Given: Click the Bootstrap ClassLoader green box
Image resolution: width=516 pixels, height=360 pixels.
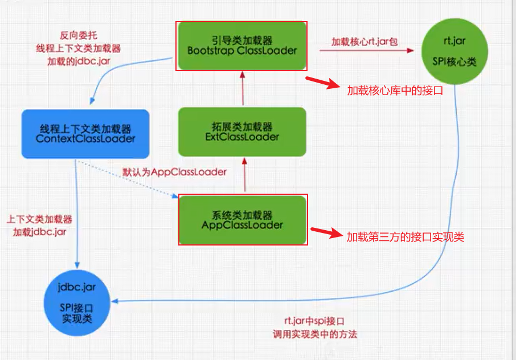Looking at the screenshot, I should pyautogui.click(x=242, y=46).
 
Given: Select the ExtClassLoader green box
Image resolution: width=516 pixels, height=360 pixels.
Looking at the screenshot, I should pyautogui.click(x=242, y=132).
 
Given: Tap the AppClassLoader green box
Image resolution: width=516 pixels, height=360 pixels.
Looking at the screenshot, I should pyautogui.click(x=243, y=220).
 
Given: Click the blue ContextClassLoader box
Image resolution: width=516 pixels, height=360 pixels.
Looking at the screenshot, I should pyautogui.click(x=85, y=134).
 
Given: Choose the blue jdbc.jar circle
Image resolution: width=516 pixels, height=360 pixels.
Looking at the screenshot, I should pyautogui.click(x=76, y=302).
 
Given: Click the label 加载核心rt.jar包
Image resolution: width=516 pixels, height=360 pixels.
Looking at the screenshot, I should pyautogui.click(x=365, y=42).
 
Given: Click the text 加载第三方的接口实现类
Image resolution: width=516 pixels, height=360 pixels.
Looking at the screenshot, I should pyautogui.click(x=405, y=236).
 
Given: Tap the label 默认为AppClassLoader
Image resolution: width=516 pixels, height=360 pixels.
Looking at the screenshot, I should pyautogui.click(x=174, y=171).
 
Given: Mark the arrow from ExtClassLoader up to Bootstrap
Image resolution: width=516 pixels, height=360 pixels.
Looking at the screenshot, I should pyautogui.click(x=243, y=88).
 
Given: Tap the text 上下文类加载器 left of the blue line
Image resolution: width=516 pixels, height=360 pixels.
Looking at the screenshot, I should pyautogui.click(x=39, y=219).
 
